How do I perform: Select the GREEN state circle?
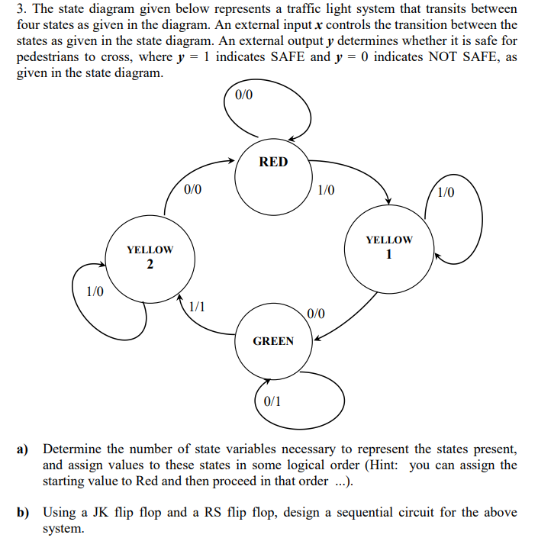click(x=273, y=341)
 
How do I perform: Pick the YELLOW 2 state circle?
click(x=150, y=257)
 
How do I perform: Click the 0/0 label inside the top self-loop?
click(x=244, y=95)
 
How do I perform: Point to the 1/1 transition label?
click(x=197, y=306)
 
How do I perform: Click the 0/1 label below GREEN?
click(x=272, y=401)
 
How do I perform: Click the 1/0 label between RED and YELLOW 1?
click(x=326, y=190)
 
